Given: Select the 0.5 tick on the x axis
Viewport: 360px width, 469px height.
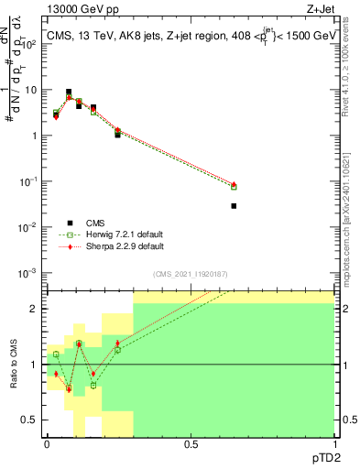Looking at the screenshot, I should (191, 444).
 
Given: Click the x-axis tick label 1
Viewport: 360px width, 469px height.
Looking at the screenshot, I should (334, 444).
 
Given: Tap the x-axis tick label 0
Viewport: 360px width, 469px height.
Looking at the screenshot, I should (47, 444).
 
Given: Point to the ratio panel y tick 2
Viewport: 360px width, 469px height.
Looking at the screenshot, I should (36, 309).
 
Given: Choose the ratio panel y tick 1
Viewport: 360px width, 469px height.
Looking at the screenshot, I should (36, 365).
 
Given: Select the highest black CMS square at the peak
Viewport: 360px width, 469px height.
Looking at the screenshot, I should (69, 93).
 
